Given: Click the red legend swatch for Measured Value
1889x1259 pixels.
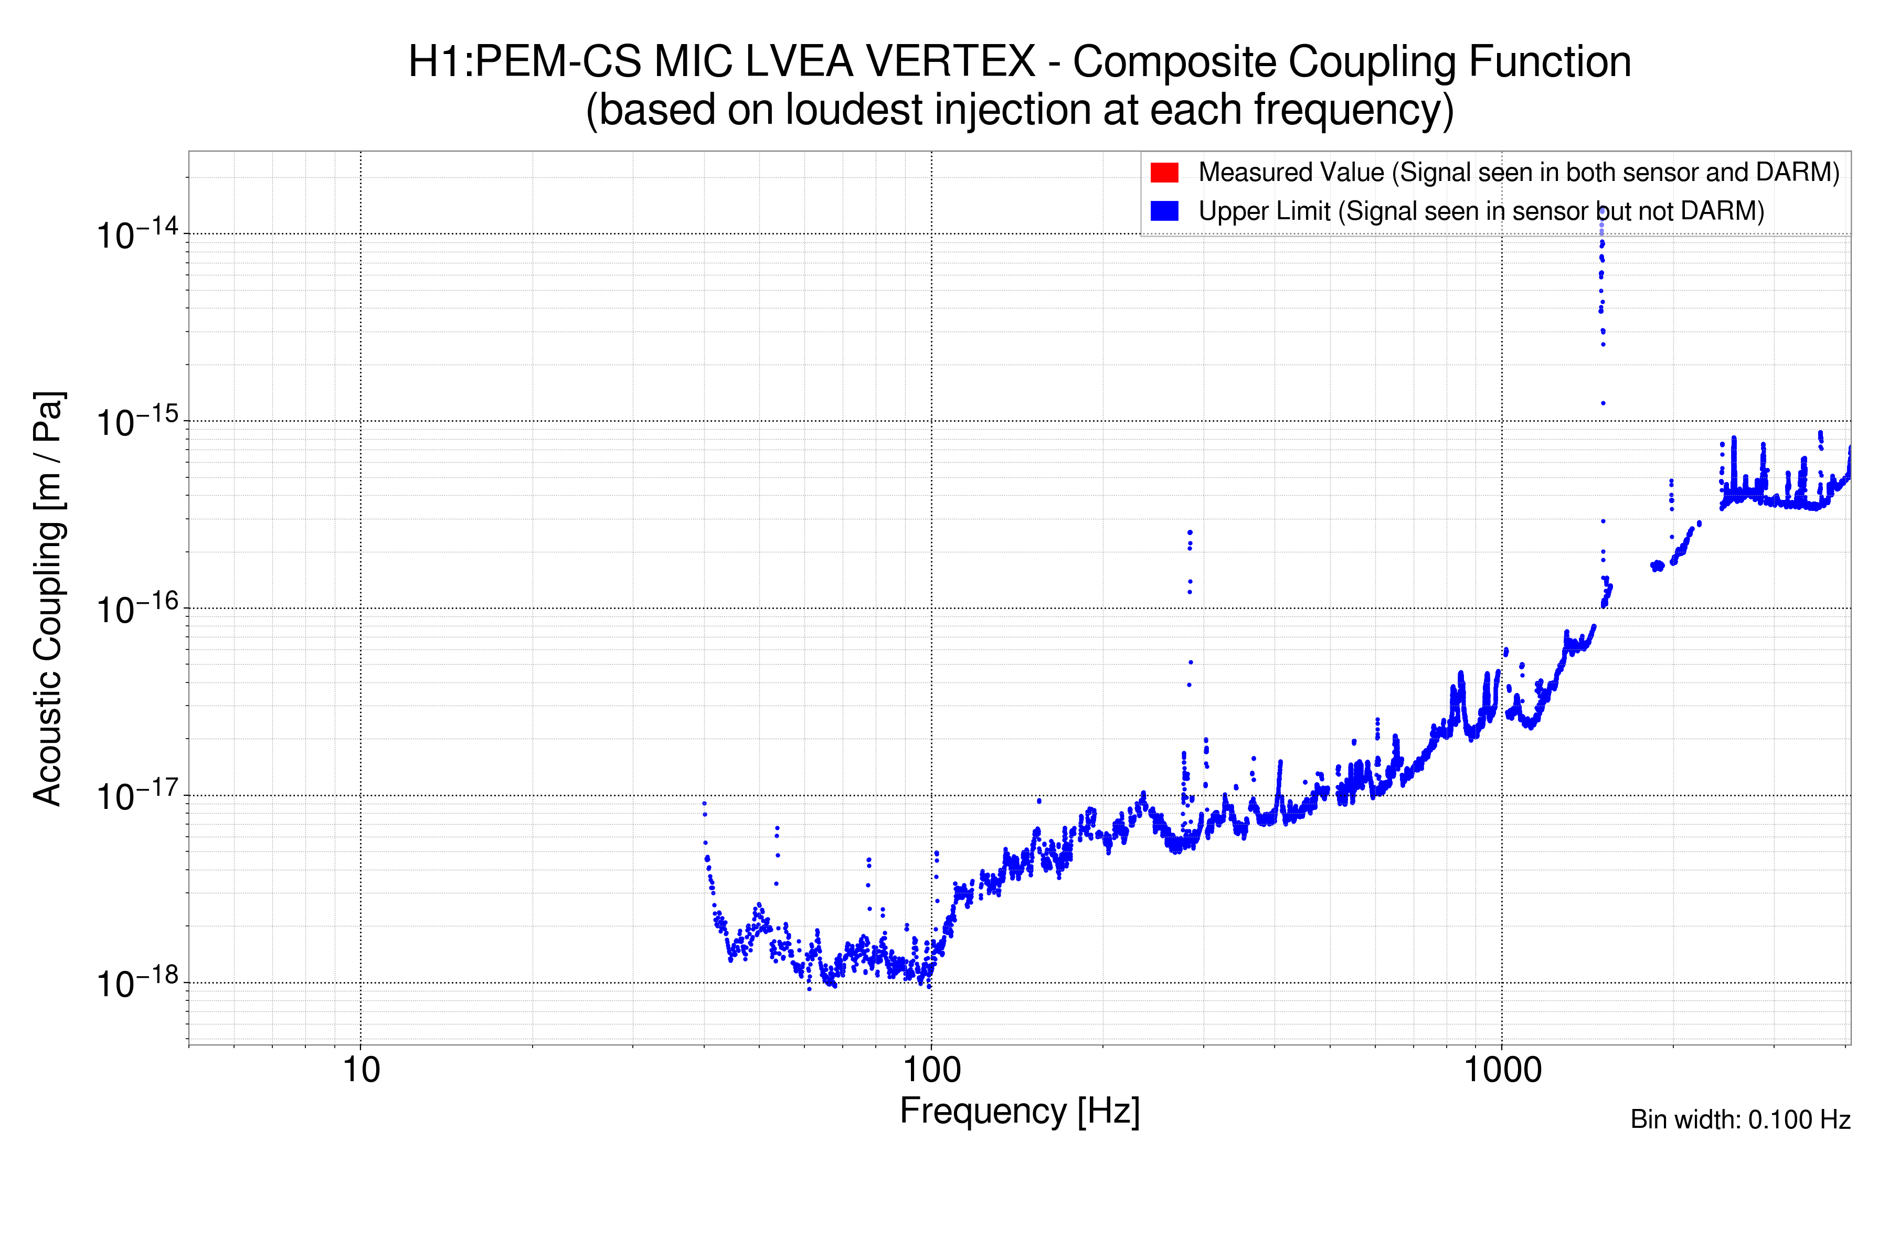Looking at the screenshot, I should pos(1164,173).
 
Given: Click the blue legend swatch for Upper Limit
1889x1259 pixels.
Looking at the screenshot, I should pos(1164,211).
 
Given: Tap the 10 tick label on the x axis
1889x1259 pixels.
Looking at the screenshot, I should pos(360,1070).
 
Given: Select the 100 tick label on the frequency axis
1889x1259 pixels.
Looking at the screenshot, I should pos(932,1070).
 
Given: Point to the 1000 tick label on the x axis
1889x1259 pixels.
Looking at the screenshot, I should pos(1502,1070).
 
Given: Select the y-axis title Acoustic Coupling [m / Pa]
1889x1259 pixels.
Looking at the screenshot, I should pos(48,598).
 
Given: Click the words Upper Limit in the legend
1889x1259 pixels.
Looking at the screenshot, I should pos(1264,211).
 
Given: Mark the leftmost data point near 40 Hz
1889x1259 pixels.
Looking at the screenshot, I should pos(704,803).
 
